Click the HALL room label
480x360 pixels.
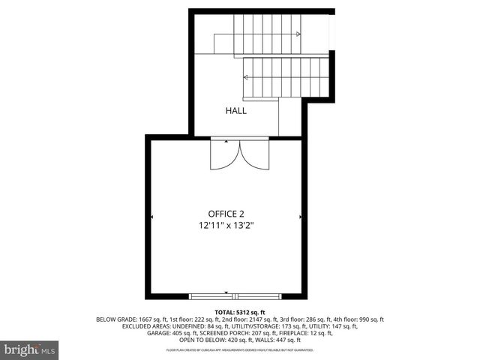point(236,111)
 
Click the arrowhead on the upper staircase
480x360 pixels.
point(298,34)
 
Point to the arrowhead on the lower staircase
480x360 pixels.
point(245,76)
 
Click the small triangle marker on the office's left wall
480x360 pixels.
point(152,217)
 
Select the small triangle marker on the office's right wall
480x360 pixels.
point(301,217)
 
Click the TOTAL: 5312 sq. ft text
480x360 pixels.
point(240,312)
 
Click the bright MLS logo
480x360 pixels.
point(30,349)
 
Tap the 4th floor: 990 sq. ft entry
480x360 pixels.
point(355,319)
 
